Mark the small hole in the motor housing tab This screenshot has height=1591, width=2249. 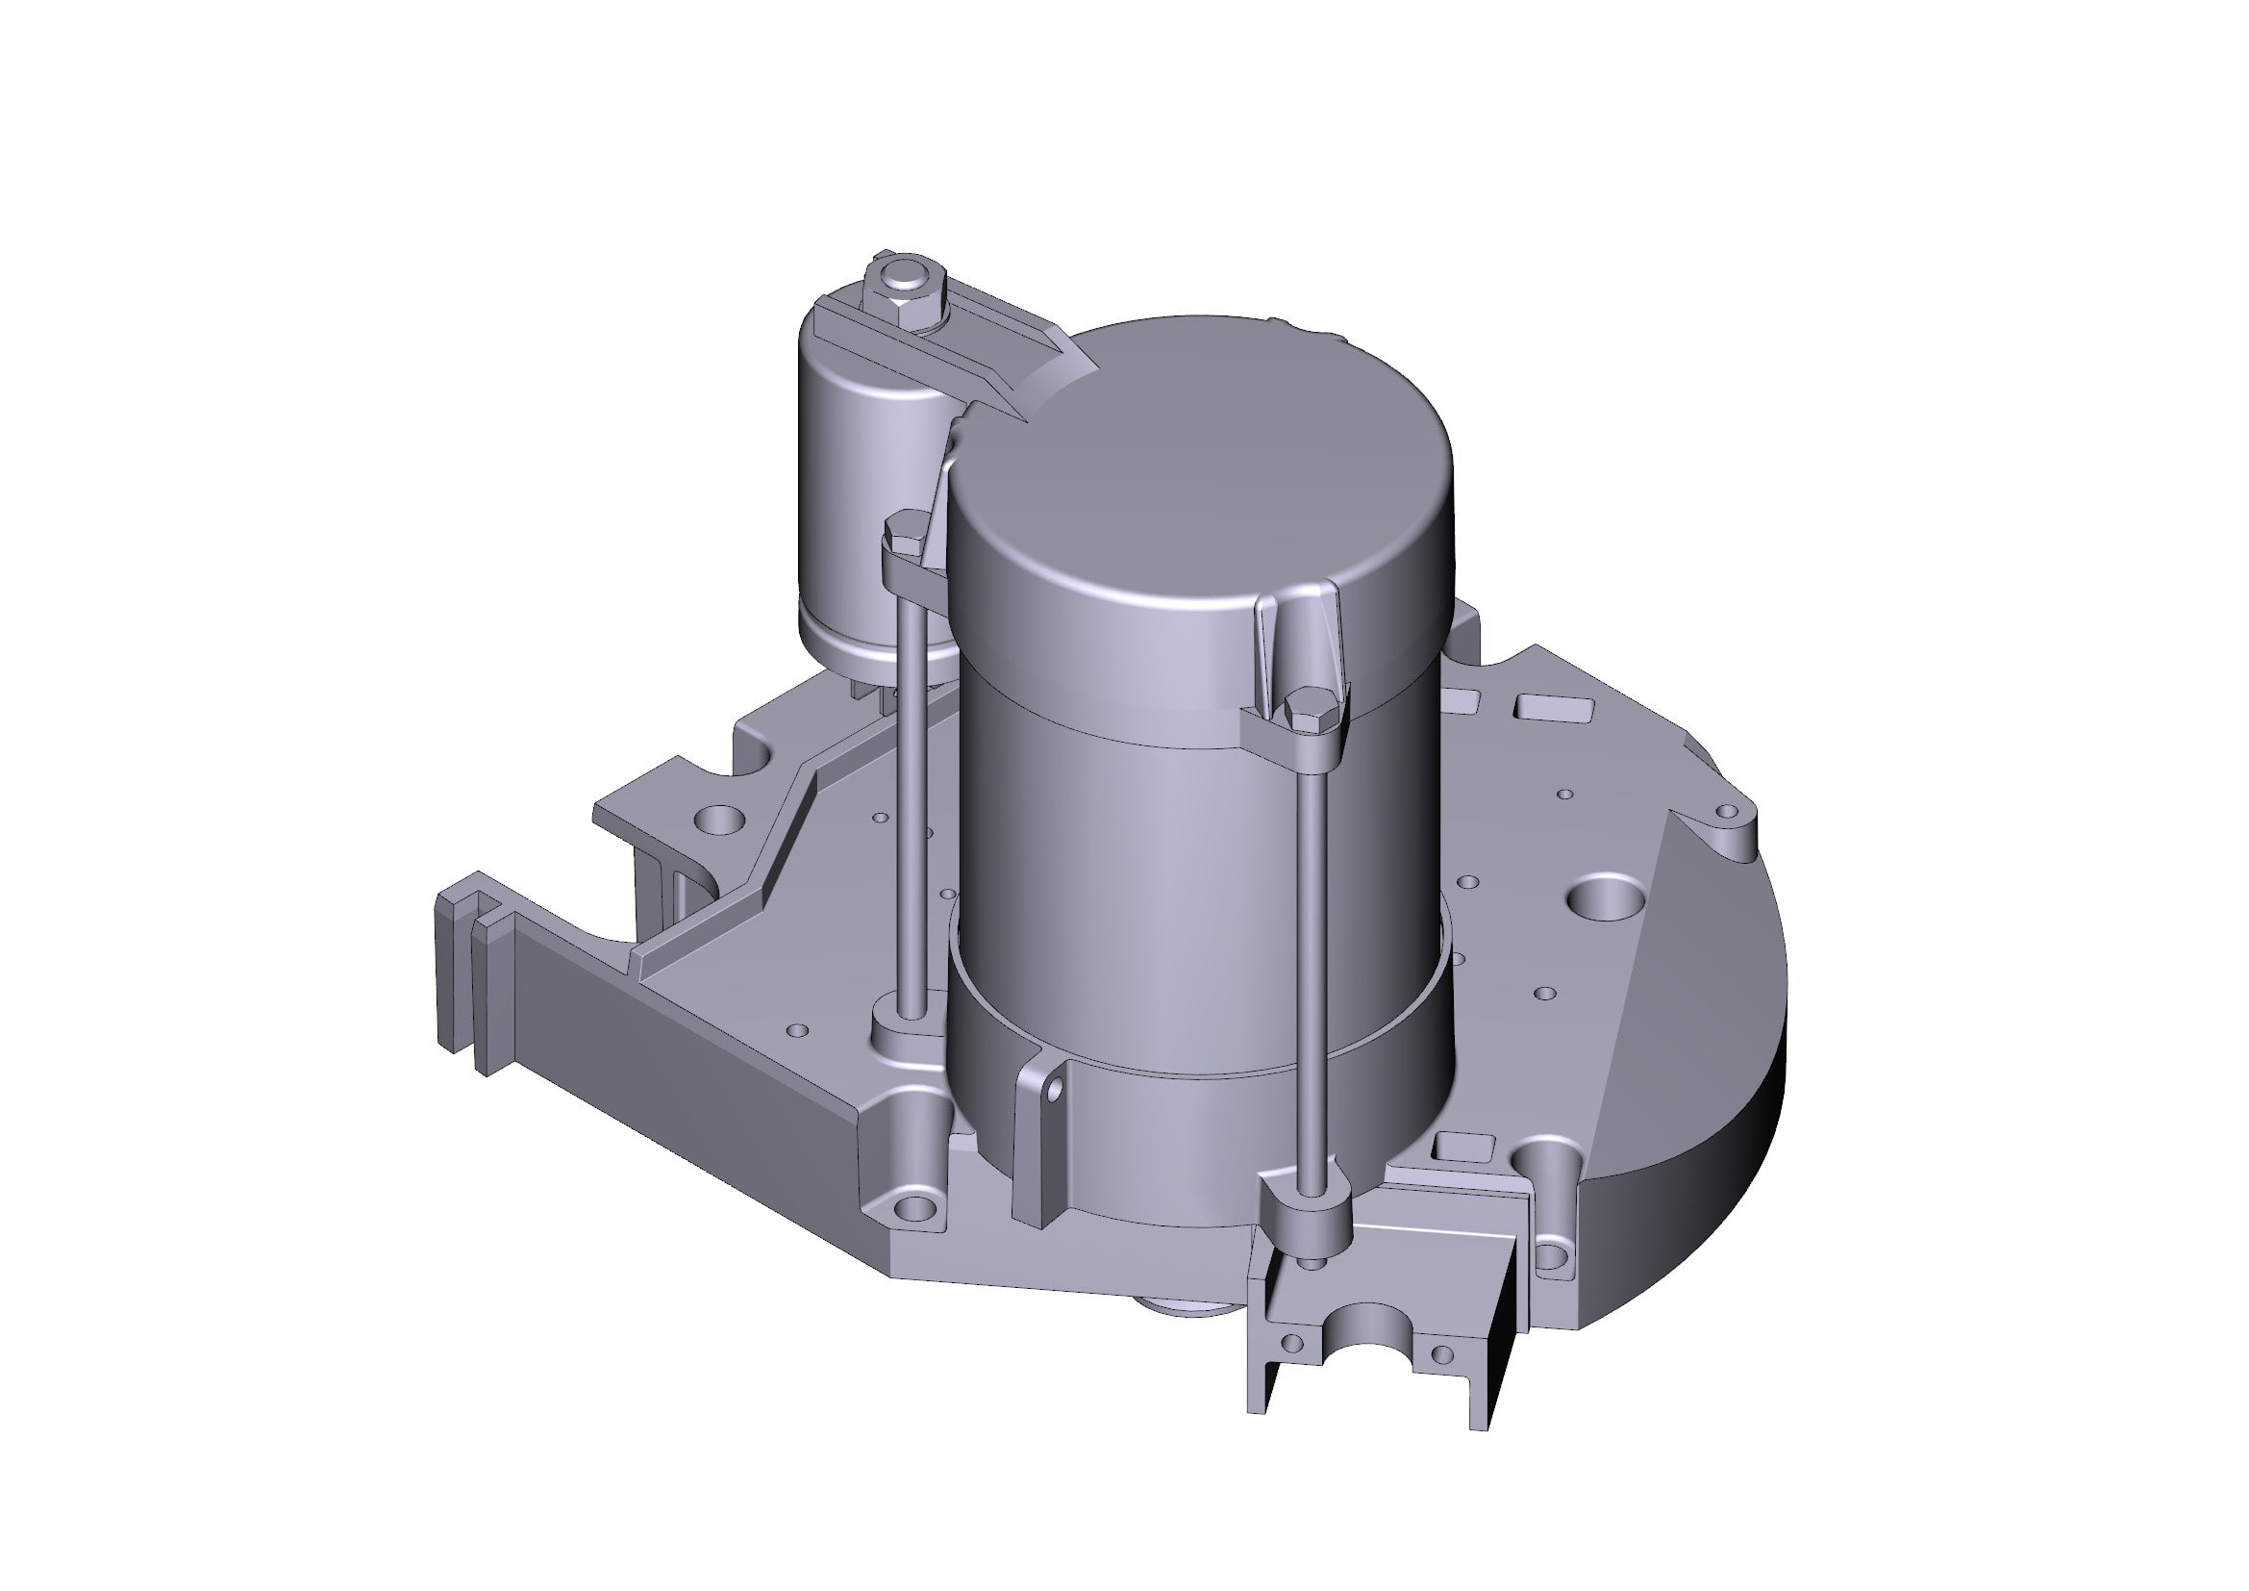point(1056,1089)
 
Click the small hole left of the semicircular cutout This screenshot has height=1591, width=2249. point(1292,1341)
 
